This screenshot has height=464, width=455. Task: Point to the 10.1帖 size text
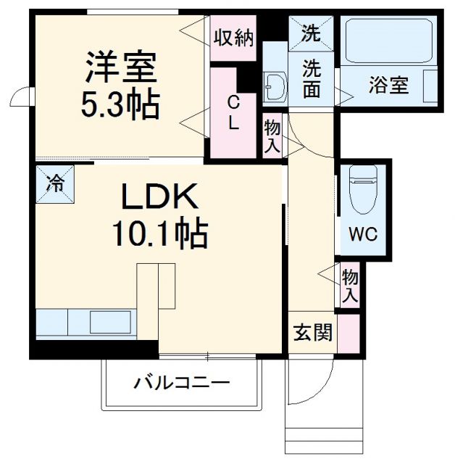coord(159,233)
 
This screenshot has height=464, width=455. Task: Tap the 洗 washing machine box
coord(310,33)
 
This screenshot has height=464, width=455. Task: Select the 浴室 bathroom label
coord(388,86)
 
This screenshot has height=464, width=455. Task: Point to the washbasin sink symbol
coord(274,87)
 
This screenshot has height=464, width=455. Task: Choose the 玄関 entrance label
coord(313,333)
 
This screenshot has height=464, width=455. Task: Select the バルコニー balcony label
coord(180,383)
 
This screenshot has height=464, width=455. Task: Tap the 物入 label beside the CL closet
coord(272,136)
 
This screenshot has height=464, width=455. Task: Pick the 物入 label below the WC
coord(350,286)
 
